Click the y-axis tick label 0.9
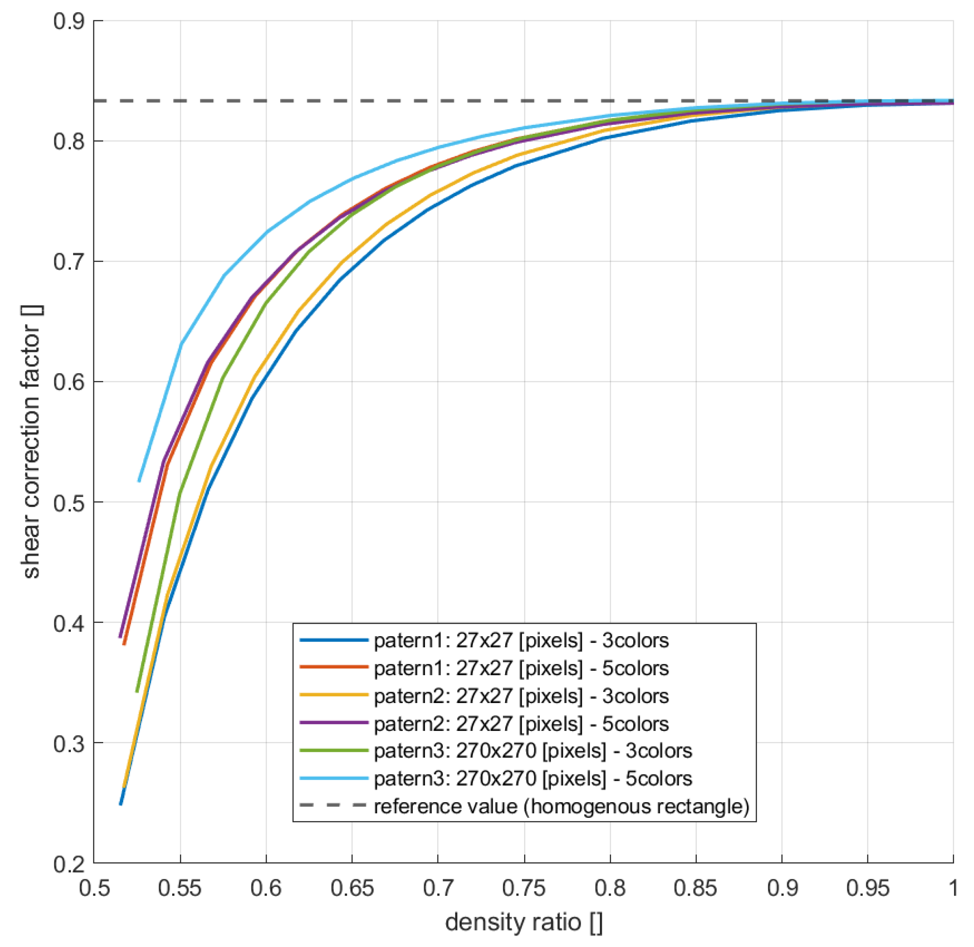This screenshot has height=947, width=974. [x=69, y=21]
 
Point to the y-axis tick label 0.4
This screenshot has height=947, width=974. [x=69, y=623]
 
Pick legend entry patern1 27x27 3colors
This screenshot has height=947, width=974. [x=521, y=641]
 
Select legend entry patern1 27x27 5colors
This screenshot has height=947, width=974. [x=521, y=669]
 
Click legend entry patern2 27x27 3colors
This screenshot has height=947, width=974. [x=521, y=696]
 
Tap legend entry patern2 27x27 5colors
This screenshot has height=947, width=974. [x=521, y=724]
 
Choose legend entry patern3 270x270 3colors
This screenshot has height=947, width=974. [x=532, y=751]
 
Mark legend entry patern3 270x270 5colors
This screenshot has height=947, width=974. [x=532, y=779]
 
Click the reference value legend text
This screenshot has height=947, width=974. [x=561, y=807]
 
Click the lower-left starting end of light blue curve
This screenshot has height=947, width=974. [x=139, y=480]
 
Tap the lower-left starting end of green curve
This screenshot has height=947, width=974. [x=137, y=692]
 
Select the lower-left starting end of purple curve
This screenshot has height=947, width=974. [x=120, y=637]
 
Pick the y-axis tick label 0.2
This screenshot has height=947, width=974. [x=69, y=865]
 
